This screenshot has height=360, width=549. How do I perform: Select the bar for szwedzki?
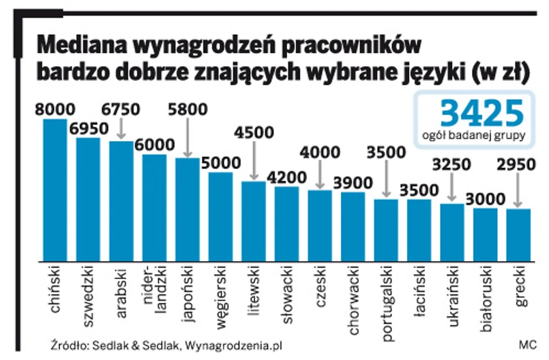coord(88,199)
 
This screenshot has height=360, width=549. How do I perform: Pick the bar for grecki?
coord(520,235)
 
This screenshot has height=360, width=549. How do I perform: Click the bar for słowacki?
coord(287,224)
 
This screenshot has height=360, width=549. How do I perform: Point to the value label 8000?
coord(55,108)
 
